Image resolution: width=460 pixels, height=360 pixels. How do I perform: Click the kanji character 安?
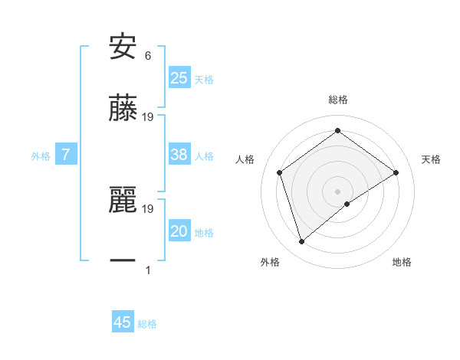(x=123, y=47)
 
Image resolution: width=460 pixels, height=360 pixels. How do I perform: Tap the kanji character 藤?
(x=123, y=108)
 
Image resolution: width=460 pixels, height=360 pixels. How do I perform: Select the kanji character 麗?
(x=123, y=200)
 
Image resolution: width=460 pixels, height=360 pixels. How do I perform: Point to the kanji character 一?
(x=123, y=261)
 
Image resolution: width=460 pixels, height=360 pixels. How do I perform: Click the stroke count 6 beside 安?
(x=148, y=56)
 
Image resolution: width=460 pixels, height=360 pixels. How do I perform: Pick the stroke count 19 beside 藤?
(x=149, y=117)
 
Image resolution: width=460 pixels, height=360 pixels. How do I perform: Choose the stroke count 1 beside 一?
(x=148, y=270)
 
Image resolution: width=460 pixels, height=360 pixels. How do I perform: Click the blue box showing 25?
(x=179, y=78)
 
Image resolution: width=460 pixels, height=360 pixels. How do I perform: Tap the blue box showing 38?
(x=179, y=155)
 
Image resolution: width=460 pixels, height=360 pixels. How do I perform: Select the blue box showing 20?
(x=179, y=231)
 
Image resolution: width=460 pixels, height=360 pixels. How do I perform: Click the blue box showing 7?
(x=66, y=155)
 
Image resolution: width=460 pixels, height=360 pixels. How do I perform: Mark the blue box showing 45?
(x=122, y=322)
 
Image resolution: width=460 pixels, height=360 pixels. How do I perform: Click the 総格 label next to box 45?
(x=147, y=324)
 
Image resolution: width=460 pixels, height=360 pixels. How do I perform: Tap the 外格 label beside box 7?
(x=41, y=156)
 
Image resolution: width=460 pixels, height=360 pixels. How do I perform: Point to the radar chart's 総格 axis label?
(x=338, y=100)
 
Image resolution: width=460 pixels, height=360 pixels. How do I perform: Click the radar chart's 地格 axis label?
(x=402, y=262)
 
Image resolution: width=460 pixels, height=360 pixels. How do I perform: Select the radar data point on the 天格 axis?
(x=396, y=172)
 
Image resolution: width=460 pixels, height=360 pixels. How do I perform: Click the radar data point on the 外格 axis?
(x=302, y=242)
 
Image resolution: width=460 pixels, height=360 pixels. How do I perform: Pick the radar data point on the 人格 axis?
(x=280, y=172)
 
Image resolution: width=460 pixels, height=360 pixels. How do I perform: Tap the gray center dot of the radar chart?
(x=338, y=191)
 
